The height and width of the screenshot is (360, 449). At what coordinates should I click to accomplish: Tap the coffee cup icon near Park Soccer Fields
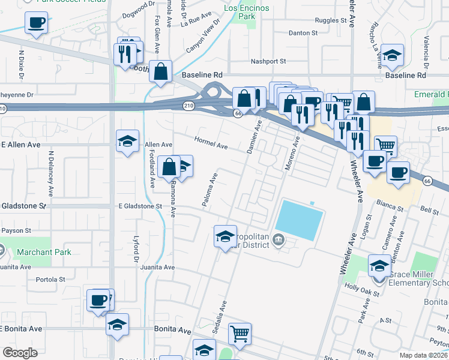[36, 23]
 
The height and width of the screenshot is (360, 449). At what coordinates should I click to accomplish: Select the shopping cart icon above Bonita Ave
[240, 333]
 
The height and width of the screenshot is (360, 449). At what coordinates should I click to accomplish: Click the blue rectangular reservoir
[300, 220]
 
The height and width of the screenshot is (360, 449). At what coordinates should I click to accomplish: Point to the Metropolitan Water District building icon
[278, 241]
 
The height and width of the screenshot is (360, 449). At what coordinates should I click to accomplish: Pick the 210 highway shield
[189, 106]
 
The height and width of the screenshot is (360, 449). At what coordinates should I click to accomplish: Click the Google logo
[20, 352]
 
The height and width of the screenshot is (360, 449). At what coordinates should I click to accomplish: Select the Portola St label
[50, 280]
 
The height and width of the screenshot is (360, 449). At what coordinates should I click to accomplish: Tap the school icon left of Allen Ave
[127, 142]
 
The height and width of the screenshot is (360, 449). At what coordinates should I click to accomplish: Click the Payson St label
[16, 230]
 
